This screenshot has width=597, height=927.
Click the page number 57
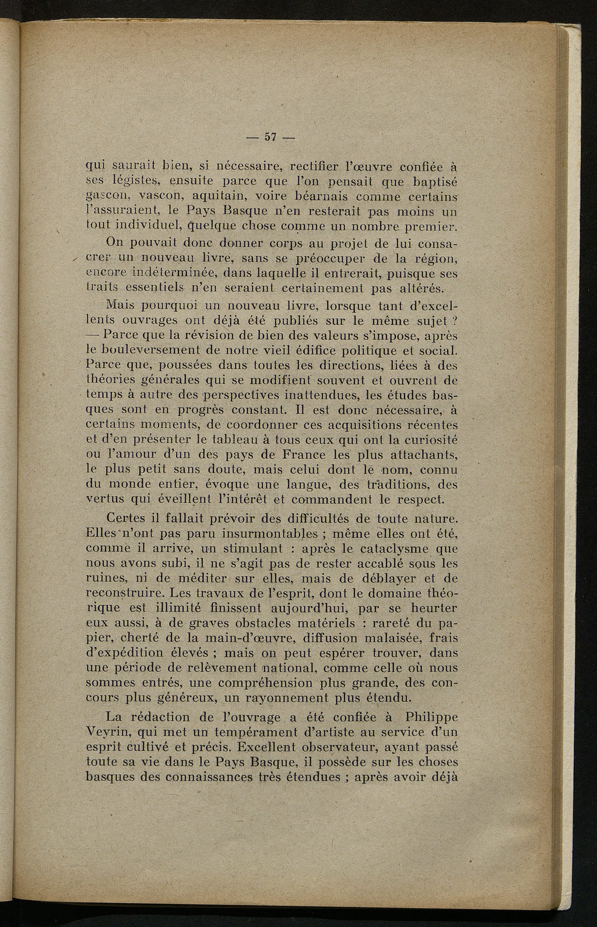270,138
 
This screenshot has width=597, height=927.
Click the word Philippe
429,716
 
